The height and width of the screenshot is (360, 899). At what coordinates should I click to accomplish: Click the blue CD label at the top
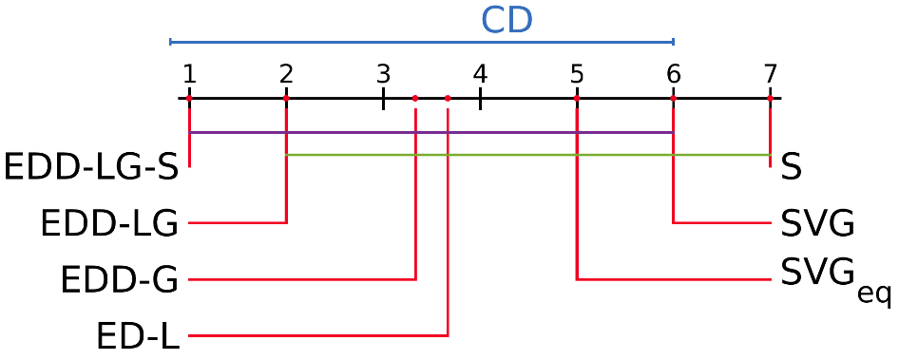tap(507, 21)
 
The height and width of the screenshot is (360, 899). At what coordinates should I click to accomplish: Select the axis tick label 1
tap(189, 73)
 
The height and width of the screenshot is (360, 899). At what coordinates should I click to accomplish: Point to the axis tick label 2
tap(286, 73)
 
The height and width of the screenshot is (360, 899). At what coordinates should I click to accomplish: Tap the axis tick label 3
tap(383, 73)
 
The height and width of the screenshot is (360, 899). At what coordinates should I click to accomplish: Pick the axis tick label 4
tap(480, 73)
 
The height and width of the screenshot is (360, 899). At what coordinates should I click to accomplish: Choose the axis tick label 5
tap(577, 73)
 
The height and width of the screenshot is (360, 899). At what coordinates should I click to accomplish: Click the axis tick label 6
tap(674, 73)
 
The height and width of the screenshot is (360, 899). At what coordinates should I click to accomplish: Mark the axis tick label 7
tap(771, 73)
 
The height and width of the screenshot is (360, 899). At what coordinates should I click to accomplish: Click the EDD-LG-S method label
tap(91, 167)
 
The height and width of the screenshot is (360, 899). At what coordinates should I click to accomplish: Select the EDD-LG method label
tap(109, 224)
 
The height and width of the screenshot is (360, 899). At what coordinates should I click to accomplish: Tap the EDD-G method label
tap(119, 280)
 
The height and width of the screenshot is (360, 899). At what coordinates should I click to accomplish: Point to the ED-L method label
tap(138, 336)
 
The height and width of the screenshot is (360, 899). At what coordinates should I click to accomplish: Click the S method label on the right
tap(791, 168)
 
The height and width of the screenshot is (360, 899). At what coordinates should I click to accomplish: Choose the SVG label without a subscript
tap(817, 224)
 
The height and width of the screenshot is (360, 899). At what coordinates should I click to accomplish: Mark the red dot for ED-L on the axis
tap(448, 98)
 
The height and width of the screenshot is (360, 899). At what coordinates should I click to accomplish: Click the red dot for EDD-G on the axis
tap(415, 98)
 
